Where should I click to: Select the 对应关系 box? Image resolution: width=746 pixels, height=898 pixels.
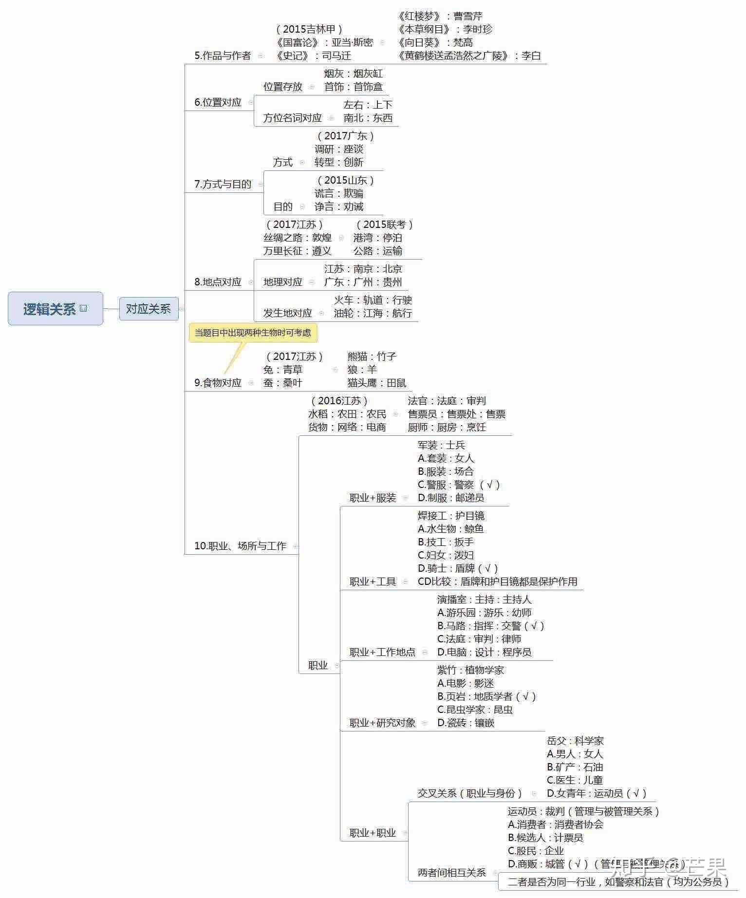149,309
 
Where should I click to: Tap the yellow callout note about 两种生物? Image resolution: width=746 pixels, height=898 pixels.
253,333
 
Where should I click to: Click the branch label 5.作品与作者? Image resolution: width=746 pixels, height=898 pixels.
223,56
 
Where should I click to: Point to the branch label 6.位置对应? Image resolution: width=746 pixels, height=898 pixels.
218,102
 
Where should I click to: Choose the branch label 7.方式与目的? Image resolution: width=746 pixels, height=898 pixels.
223,184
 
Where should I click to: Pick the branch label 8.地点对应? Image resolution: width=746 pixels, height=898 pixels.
218,282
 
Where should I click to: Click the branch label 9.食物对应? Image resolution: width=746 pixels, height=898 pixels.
218,383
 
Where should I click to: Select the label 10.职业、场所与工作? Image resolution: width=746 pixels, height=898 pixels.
240,546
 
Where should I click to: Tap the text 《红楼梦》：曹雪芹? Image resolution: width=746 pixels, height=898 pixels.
440,16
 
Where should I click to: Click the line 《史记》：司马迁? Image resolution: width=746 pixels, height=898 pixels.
313,56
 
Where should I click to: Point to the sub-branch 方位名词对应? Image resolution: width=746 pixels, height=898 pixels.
293,118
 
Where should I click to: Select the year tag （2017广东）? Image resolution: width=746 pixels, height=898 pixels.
346,136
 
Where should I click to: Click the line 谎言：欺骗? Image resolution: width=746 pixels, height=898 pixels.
339,193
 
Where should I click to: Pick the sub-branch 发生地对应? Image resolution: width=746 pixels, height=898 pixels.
288,313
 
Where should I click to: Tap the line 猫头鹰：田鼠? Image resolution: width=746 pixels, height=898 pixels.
377,383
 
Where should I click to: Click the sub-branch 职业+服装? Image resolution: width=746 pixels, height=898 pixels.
373,498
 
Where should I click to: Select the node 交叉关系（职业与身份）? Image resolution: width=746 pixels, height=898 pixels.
469,793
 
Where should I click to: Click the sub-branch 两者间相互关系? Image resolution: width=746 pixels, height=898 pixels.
452,873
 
